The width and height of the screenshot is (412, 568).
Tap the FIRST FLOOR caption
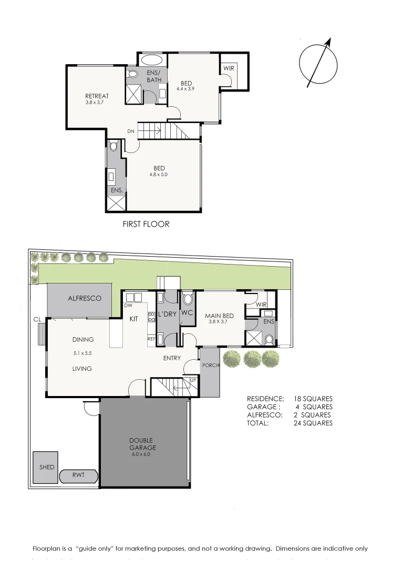click(x=146, y=224)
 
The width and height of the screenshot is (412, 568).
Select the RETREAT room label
click(x=97, y=96)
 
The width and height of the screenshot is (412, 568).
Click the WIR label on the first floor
click(x=229, y=68)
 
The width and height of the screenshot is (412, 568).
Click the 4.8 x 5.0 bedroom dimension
click(x=159, y=175)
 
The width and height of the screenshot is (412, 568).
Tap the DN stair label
click(x=131, y=131)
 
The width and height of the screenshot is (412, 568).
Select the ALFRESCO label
click(x=84, y=298)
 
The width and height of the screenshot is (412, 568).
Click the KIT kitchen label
click(x=133, y=318)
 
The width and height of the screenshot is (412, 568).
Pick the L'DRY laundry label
click(x=168, y=314)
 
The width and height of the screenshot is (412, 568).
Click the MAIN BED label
click(x=220, y=316)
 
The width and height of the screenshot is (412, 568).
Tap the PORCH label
click(x=211, y=365)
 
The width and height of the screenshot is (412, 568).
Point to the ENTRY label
click(x=172, y=358)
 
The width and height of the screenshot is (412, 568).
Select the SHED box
click(x=46, y=467)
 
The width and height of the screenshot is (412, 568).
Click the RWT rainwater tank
click(x=78, y=476)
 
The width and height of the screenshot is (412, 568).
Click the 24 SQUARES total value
click(x=313, y=423)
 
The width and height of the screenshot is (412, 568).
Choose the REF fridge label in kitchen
click(x=151, y=339)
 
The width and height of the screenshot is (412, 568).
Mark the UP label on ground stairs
click(x=193, y=380)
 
